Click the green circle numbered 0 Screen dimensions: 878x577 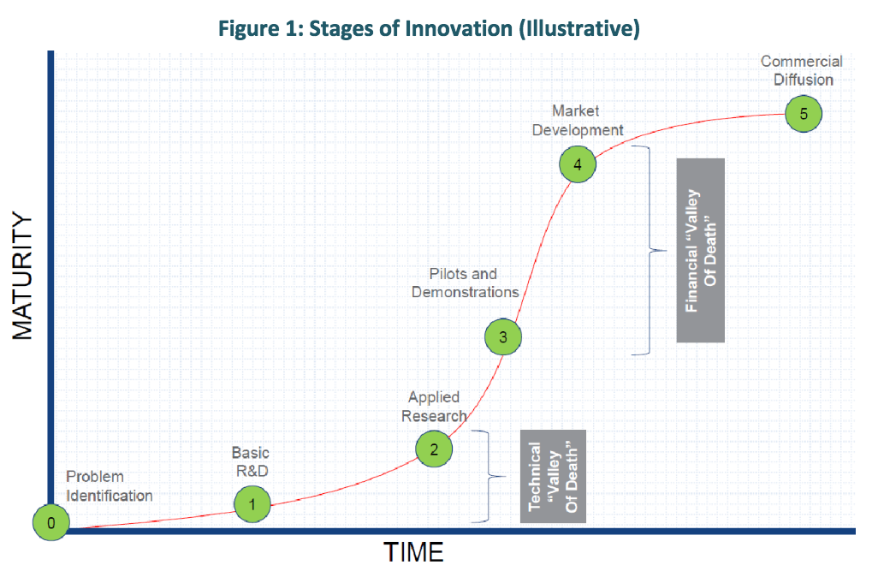[51, 523]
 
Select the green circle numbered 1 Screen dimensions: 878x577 [252, 503]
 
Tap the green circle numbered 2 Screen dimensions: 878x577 [434, 448]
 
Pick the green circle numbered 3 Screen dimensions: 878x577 [503, 336]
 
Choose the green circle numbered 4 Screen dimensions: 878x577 [578, 165]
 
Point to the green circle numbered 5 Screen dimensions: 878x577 [804, 113]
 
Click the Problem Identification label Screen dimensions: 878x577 [109, 486]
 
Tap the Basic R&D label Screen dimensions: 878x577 [250, 461]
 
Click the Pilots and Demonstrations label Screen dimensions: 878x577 [465, 283]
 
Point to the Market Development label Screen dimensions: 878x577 [577, 121]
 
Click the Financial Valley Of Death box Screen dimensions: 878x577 [700, 250]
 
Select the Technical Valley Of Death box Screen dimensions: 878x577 [553, 476]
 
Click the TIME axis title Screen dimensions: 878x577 [413, 552]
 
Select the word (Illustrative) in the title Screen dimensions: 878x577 [578, 28]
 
